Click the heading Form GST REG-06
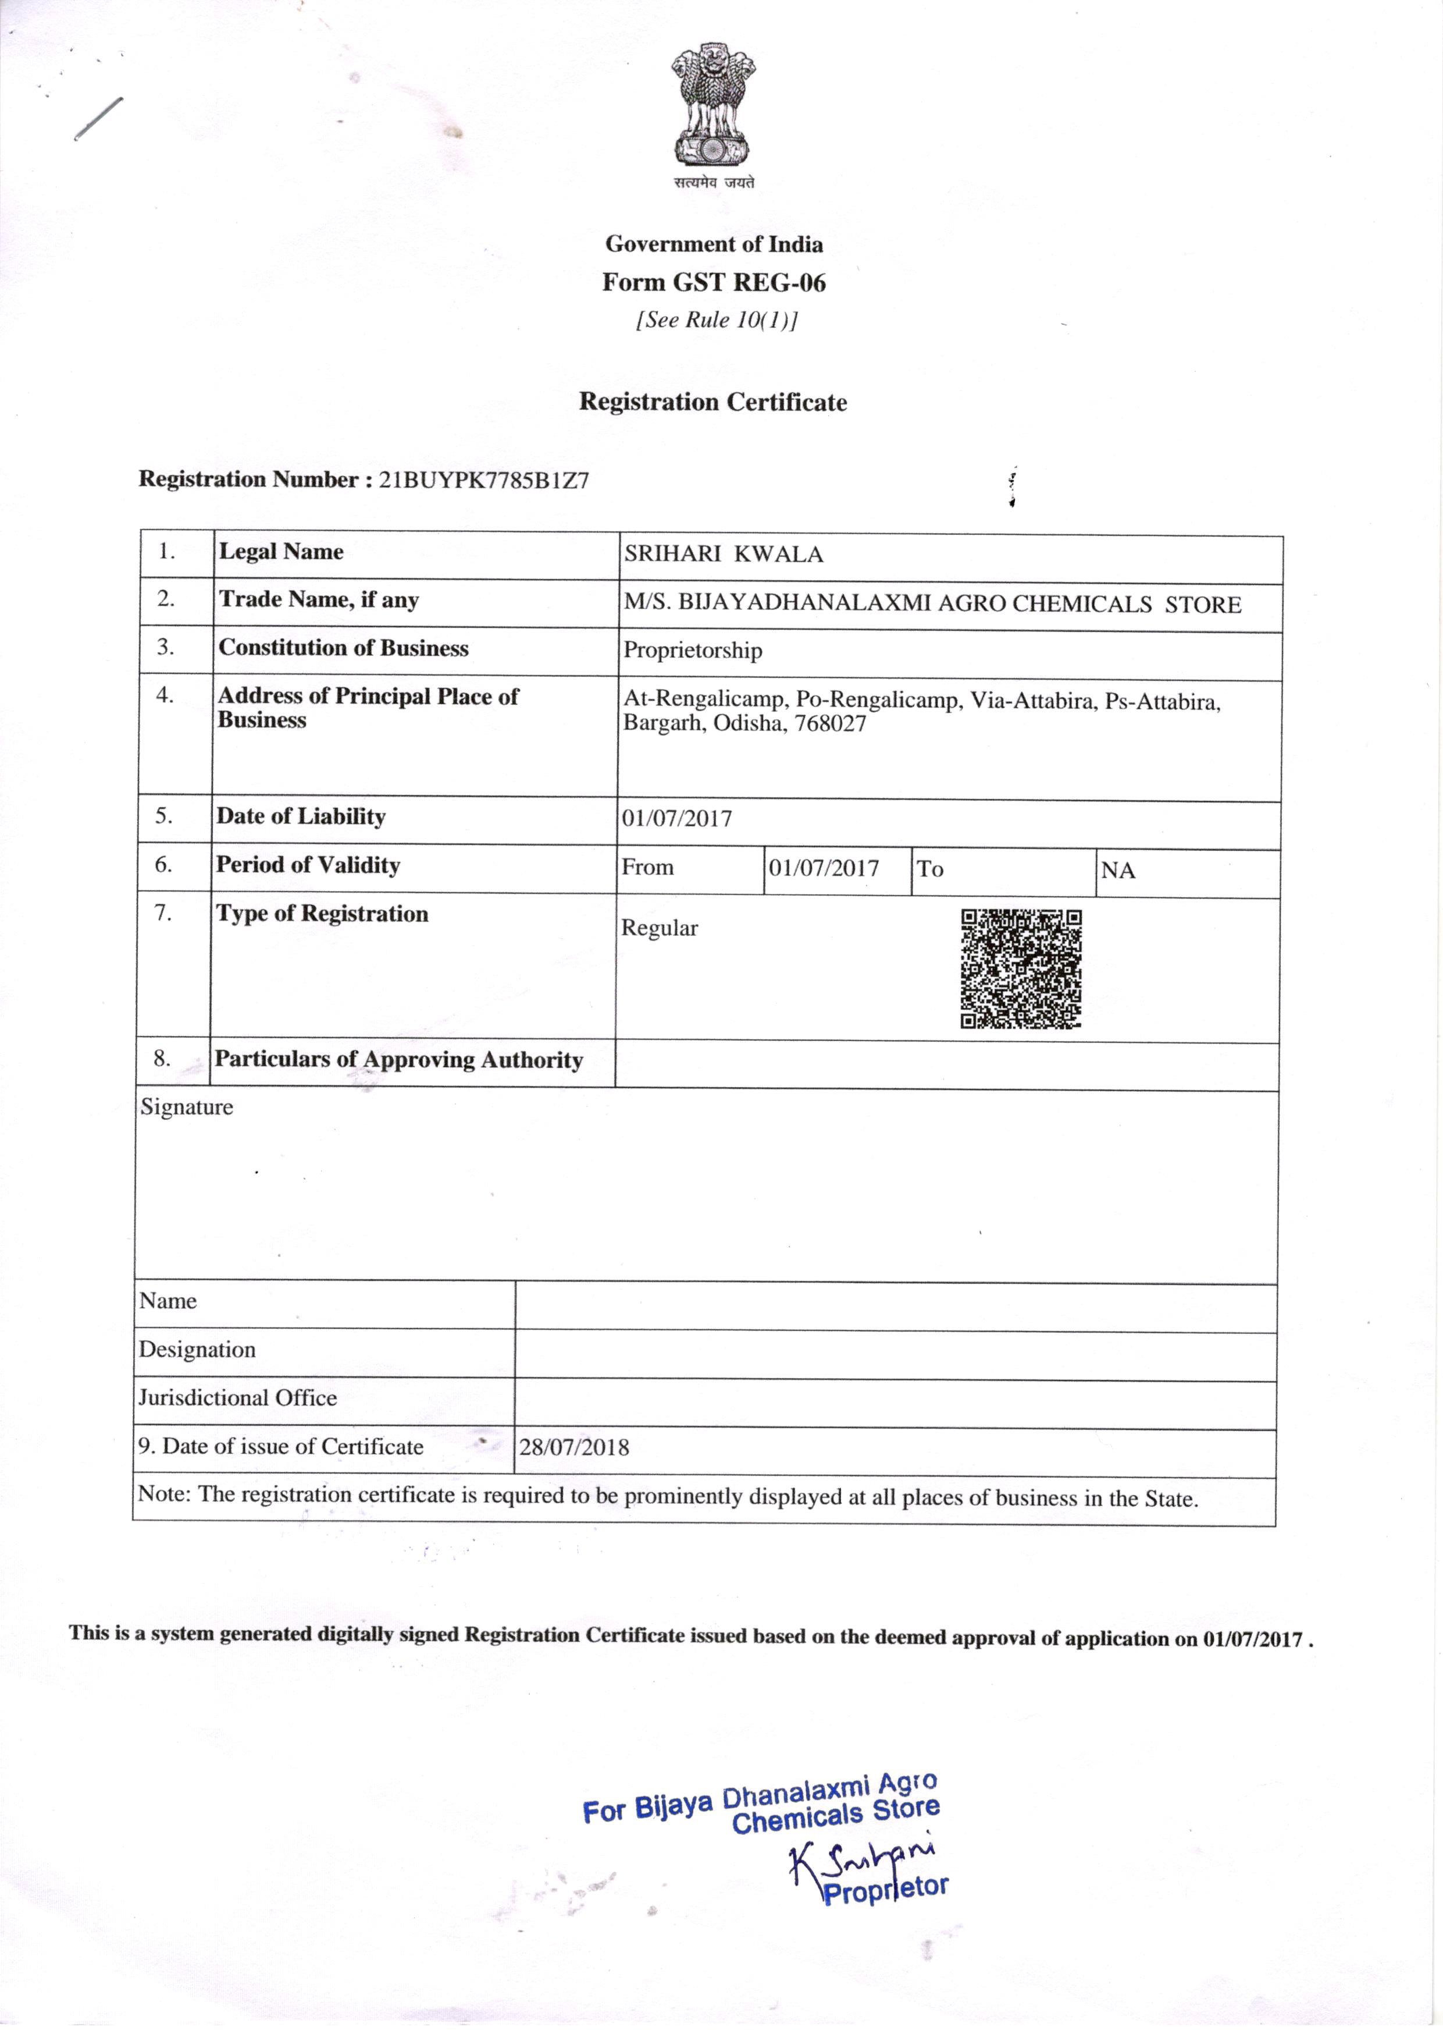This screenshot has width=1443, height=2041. (x=714, y=283)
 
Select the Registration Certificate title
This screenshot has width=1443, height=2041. (x=712, y=402)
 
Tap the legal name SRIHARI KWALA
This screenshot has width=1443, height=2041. (x=724, y=555)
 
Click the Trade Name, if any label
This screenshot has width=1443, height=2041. (x=318, y=600)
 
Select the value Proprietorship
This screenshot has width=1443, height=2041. (x=692, y=651)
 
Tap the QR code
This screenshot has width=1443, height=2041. (x=1021, y=968)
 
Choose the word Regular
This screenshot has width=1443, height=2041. (x=660, y=928)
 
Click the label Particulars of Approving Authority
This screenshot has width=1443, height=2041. (x=398, y=1060)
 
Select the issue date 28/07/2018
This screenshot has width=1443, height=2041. (x=574, y=1447)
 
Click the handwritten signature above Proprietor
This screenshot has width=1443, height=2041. (x=862, y=1859)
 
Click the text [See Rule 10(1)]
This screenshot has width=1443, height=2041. (x=716, y=320)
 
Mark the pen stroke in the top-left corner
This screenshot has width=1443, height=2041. (x=98, y=118)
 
